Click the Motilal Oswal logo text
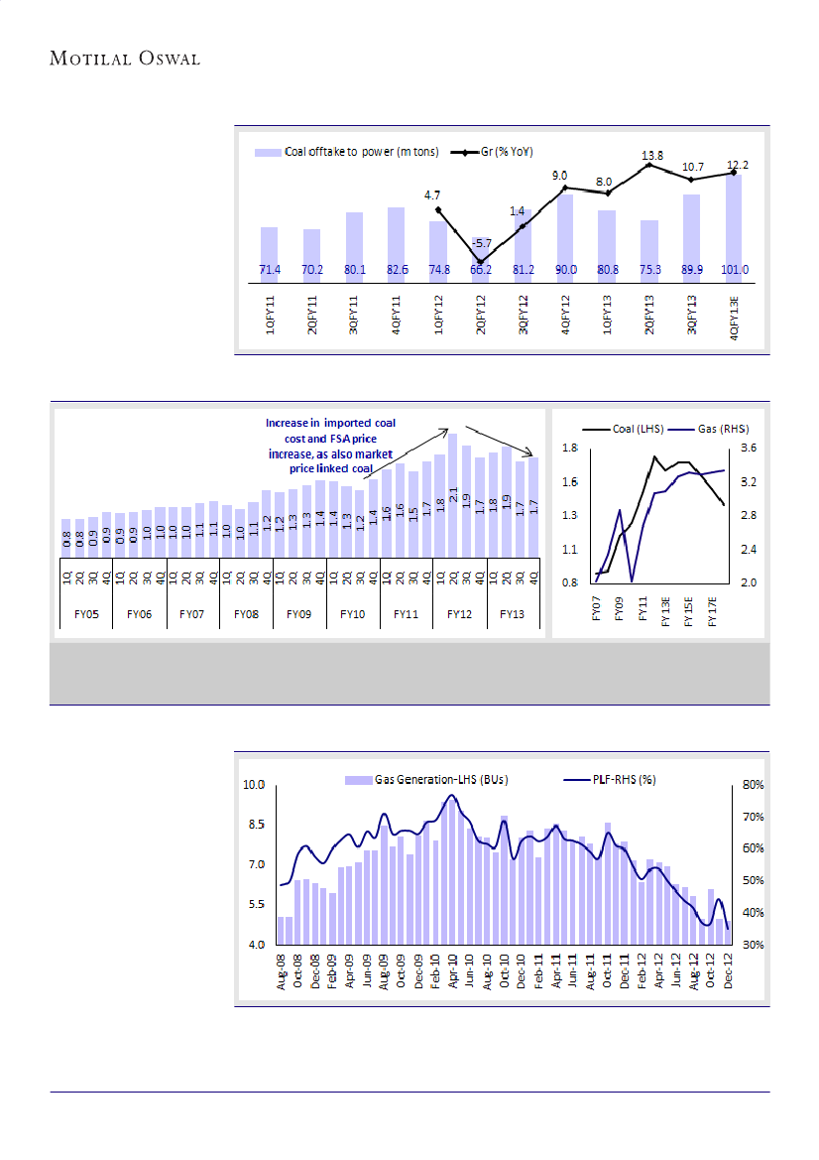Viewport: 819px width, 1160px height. tap(125, 59)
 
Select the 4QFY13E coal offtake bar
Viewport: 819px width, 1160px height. tap(734, 223)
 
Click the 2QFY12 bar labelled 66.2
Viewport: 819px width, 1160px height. tap(480, 263)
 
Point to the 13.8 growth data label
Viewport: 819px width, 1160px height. tap(650, 156)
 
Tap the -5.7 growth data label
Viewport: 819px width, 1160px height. tap(481, 243)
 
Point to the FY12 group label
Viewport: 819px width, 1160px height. tap(459, 615)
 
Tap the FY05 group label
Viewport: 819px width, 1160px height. tap(86, 615)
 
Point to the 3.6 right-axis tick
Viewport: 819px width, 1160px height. tap(749, 449)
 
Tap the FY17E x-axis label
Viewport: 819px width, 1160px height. tap(713, 609)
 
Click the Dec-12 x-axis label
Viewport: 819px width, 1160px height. tap(728, 967)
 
